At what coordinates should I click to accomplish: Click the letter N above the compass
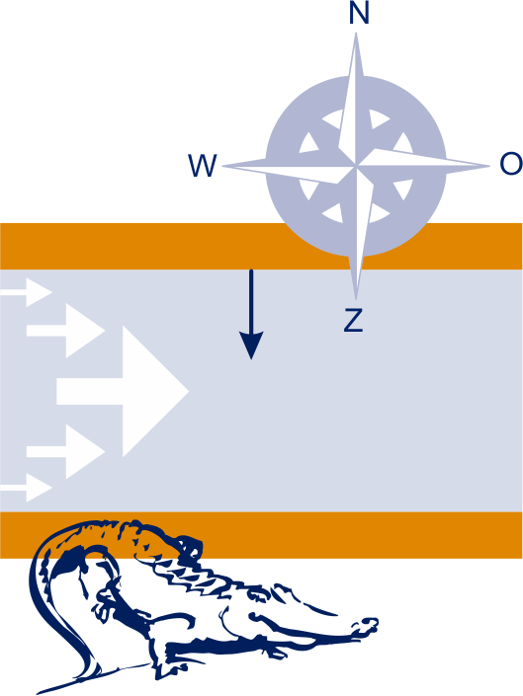359,13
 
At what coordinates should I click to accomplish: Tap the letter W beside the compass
202,166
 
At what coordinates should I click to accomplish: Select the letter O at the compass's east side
511,163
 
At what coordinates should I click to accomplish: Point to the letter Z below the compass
354,320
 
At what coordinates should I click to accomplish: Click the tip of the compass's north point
356,33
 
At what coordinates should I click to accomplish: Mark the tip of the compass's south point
356,299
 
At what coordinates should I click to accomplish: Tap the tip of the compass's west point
221,167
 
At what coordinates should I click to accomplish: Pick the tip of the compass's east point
489,167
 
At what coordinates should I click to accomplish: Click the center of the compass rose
356,166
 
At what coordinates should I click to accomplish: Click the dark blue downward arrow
251,314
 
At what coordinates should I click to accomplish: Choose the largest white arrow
123,392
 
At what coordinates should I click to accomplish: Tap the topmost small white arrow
27,292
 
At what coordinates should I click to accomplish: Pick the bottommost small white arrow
27,488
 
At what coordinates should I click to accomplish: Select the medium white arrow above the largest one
66,331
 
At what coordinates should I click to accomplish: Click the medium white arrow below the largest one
66,452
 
